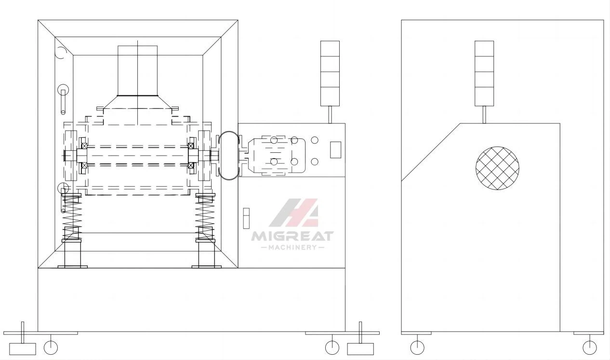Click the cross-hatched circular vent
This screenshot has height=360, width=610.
coord(497,168)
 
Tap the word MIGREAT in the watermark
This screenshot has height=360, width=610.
coord(292,236)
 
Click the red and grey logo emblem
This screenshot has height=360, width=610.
coord(294,213)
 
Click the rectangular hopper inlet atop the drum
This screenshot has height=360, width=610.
coord(137,71)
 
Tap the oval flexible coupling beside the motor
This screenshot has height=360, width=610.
coord(229,155)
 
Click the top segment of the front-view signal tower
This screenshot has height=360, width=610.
coord(330,49)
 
